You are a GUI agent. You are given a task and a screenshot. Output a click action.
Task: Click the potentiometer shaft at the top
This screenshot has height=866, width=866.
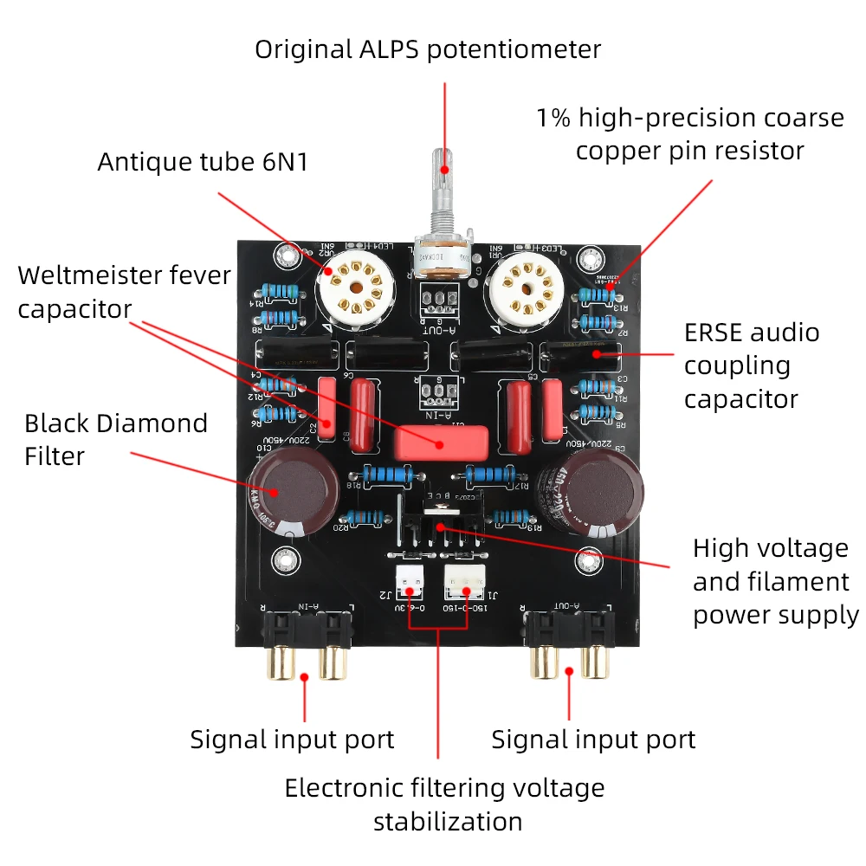[443, 186]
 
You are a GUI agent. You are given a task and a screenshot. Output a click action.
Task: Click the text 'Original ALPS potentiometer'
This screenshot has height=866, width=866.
[428, 49]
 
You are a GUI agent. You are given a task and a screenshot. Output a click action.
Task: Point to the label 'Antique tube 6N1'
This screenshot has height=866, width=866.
[203, 162]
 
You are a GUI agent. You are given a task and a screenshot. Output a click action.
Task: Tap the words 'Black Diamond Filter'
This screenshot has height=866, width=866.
[116, 439]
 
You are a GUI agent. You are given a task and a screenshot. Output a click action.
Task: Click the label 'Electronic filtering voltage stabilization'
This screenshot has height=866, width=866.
[444, 804]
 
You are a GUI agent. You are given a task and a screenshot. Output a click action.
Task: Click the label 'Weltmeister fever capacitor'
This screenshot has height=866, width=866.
[125, 292]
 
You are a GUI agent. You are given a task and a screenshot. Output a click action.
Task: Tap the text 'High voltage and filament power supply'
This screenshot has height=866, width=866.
[775, 581]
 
